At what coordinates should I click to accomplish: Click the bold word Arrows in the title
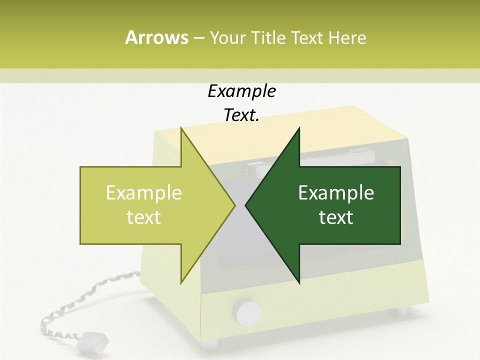[x=156, y=37]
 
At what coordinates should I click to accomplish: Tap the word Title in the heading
[x=267, y=37]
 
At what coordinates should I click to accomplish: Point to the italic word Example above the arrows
[x=241, y=91]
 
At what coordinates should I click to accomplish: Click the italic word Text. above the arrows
[x=241, y=115]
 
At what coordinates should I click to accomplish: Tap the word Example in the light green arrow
[x=144, y=193]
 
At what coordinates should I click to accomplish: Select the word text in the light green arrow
[x=144, y=217]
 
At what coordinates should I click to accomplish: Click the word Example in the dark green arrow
[x=336, y=193]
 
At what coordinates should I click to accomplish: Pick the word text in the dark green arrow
[x=336, y=217]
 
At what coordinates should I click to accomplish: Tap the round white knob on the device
[x=248, y=312]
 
